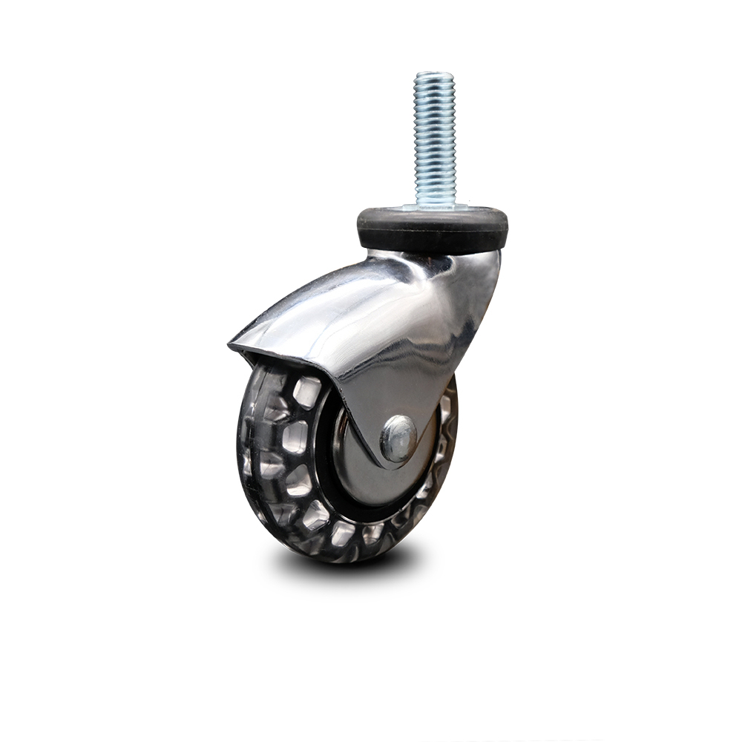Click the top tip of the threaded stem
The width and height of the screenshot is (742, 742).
pyautogui.click(x=435, y=74)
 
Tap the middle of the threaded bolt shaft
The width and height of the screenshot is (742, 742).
pyautogui.click(x=435, y=137)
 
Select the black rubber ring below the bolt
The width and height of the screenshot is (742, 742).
pyautogui.click(x=433, y=227)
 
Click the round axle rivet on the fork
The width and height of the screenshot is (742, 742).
pyautogui.click(x=398, y=438)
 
